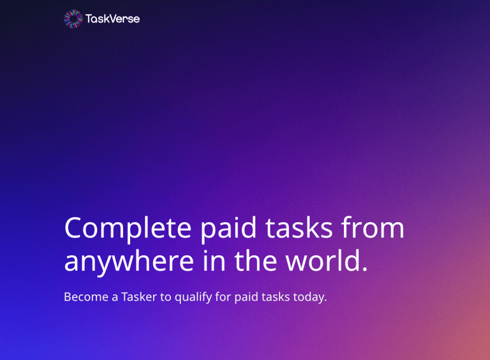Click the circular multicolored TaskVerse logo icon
[73, 19]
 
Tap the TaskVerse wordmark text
[112, 19]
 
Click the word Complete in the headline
[128, 229]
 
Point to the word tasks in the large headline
[299, 228]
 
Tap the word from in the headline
[373, 227]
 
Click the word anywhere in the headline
[129, 261]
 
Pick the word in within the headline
[214, 260]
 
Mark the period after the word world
[365, 269]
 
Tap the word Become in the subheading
[86, 297]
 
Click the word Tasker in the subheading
[138, 297]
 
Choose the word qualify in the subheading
[193, 297]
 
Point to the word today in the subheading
[309, 297]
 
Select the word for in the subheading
[223, 297]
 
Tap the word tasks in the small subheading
[276, 297]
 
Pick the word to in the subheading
[166, 297]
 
